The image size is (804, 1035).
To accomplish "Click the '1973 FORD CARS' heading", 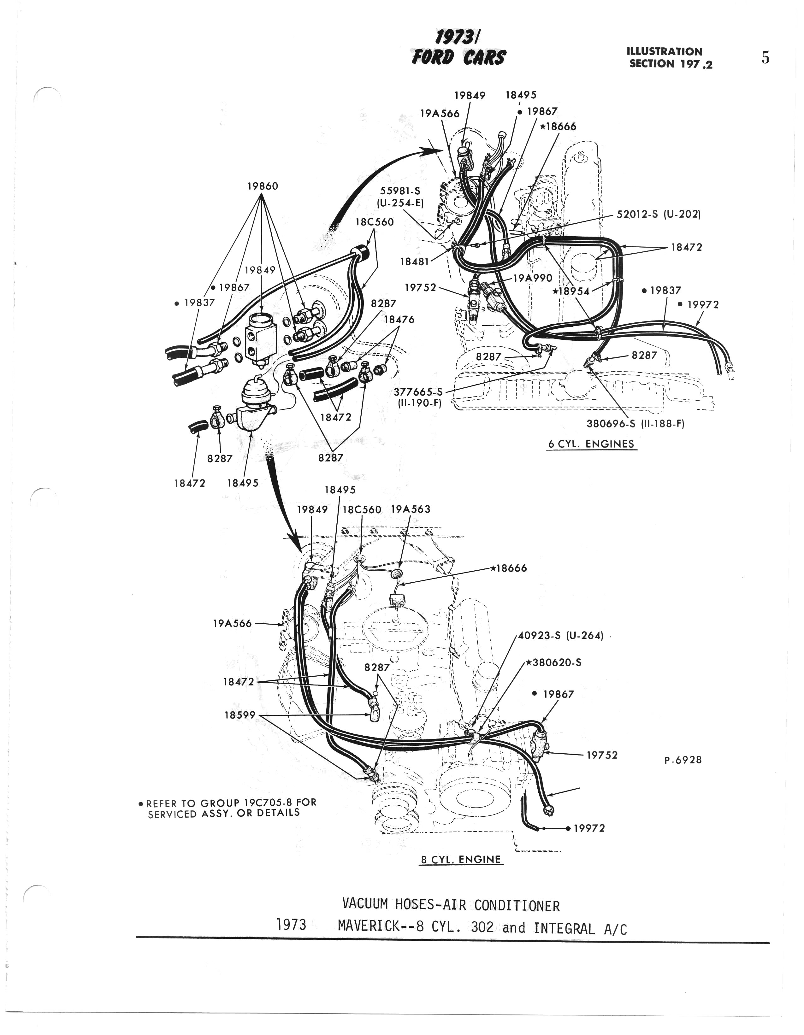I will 458,49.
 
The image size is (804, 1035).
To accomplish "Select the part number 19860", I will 263,186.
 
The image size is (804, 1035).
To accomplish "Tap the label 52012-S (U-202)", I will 659,214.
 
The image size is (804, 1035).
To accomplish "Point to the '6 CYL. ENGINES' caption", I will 591,444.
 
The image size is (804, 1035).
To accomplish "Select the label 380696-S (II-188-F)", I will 635,424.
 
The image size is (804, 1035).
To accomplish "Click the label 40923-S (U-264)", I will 560,636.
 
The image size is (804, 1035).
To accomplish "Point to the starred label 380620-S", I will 554,662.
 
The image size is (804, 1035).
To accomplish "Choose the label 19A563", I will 411,509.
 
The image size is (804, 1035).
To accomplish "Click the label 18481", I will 415,261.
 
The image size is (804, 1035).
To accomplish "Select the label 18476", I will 399,320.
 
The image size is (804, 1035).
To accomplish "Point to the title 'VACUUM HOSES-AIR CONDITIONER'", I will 451,906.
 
